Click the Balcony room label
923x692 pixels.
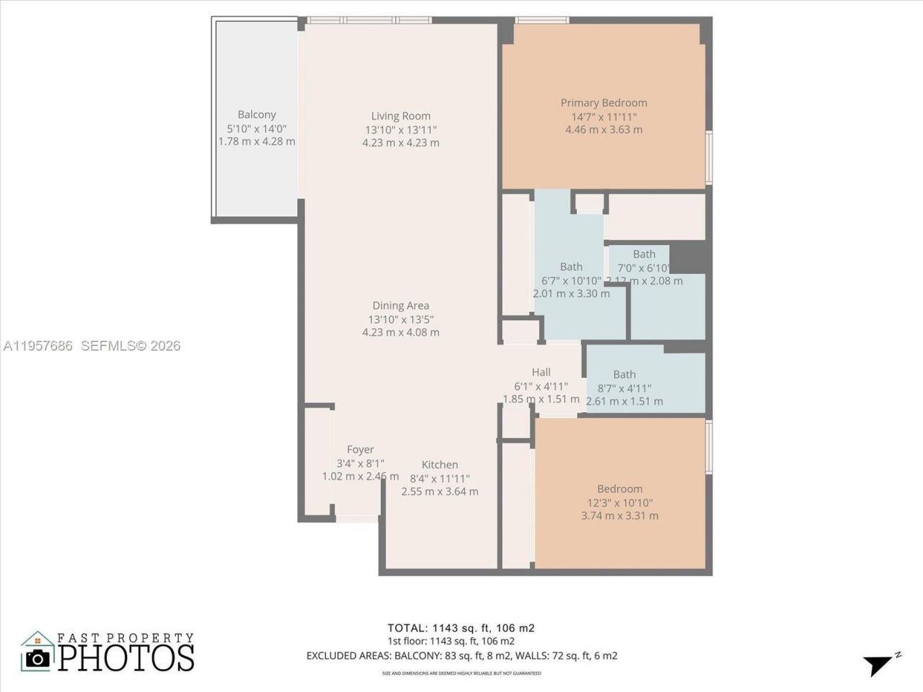(257, 115)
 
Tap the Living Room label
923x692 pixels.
(401, 116)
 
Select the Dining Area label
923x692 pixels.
(401, 306)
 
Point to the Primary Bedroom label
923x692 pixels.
(604, 103)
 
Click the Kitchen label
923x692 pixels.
(440, 465)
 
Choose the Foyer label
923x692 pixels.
(361, 450)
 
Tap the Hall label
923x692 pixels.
(541, 372)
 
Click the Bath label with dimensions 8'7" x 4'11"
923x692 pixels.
(624, 374)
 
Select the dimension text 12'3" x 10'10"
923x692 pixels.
(619, 502)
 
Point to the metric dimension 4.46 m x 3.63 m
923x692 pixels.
(604, 130)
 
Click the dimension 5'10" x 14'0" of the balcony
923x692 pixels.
(257, 128)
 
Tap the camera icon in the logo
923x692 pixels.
(37, 657)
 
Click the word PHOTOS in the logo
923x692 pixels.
(126, 657)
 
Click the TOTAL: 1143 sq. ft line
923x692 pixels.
(461, 628)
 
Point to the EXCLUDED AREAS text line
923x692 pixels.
(461, 656)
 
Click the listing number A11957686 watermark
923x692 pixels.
(37, 346)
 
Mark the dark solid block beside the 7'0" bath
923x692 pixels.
(687, 257)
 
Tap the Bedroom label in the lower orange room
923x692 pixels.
(619, 489)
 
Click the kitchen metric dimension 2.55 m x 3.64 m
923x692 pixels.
(440, 492)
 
